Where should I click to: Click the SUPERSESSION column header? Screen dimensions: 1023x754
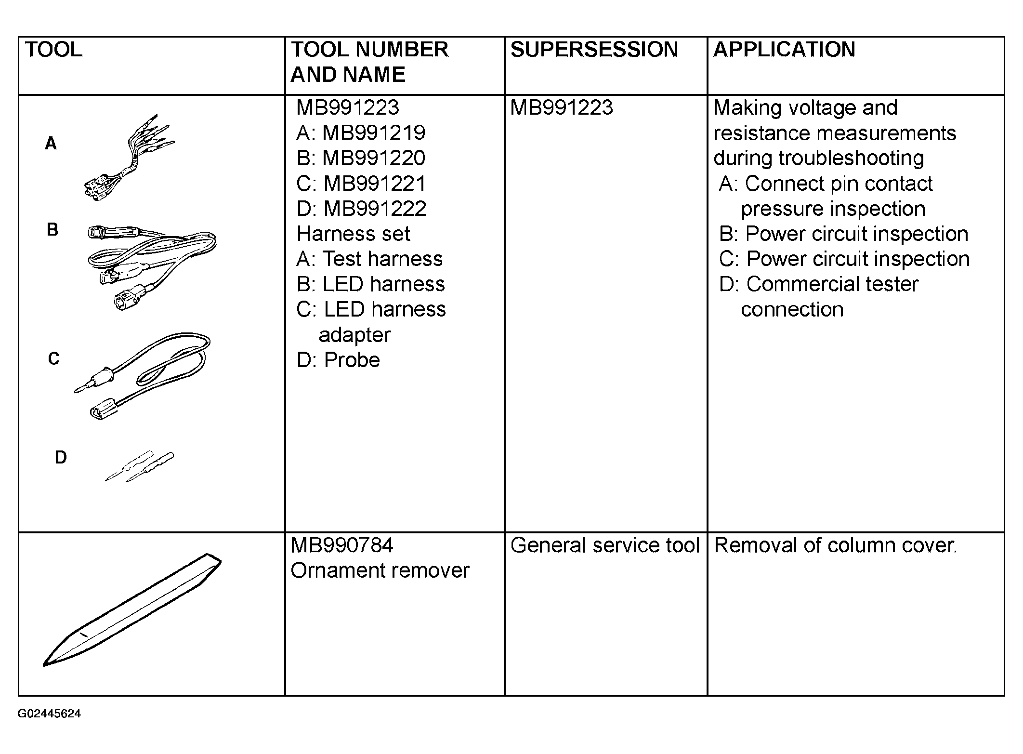[594, 50]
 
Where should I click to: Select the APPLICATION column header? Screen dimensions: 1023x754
[784, 50]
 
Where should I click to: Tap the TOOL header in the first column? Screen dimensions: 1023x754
[53, 50]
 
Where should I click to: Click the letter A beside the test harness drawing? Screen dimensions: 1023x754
[51, 144]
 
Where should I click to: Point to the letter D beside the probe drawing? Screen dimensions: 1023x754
[61, 457]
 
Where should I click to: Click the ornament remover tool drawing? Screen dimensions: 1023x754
[132, 609]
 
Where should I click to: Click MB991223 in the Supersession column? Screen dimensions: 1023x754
[562, 107]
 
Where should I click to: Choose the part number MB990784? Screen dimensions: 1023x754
[342, 545]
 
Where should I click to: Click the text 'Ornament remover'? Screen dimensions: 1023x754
[380, 570]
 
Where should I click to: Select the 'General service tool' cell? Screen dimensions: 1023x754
[605, 545]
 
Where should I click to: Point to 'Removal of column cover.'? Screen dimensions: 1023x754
[836, 545]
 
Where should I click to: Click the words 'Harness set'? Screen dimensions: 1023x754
[354, 234]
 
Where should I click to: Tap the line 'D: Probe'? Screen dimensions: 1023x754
[338, 360]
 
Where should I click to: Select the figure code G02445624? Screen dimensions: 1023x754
[49, 714]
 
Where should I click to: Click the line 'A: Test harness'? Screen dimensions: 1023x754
[369, 259]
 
